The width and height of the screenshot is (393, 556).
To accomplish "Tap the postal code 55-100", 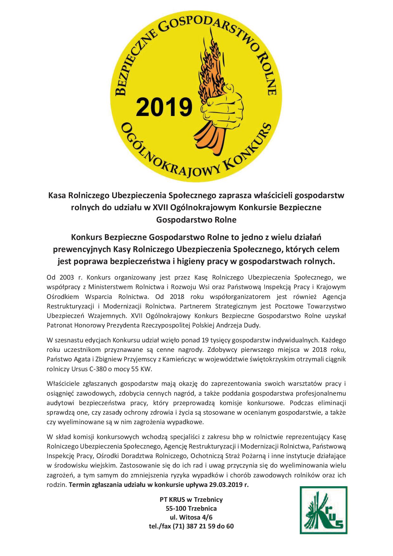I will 176,508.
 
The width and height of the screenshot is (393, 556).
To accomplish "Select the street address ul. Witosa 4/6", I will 191,517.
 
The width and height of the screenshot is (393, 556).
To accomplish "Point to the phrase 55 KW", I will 144,369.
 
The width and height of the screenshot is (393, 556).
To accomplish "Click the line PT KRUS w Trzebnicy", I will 191,500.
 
